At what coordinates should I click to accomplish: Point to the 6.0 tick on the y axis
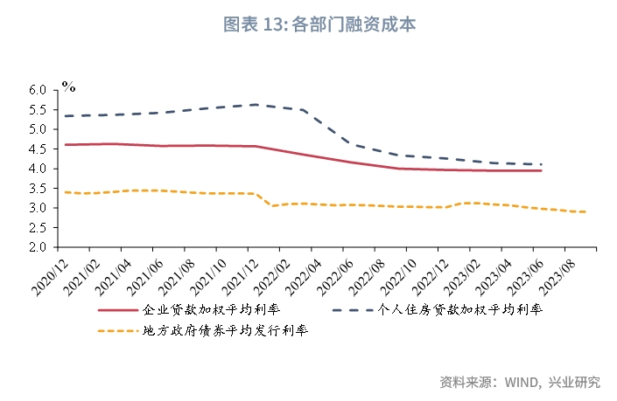37,90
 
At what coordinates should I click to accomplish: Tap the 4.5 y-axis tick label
37,149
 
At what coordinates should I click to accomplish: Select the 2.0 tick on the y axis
37,248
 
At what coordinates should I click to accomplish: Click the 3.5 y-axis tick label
37,189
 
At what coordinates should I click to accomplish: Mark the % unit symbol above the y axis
68,86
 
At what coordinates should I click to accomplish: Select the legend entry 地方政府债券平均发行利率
225,331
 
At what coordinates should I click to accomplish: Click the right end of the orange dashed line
585,211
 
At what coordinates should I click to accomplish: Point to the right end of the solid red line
541,170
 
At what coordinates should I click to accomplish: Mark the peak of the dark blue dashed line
255,105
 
